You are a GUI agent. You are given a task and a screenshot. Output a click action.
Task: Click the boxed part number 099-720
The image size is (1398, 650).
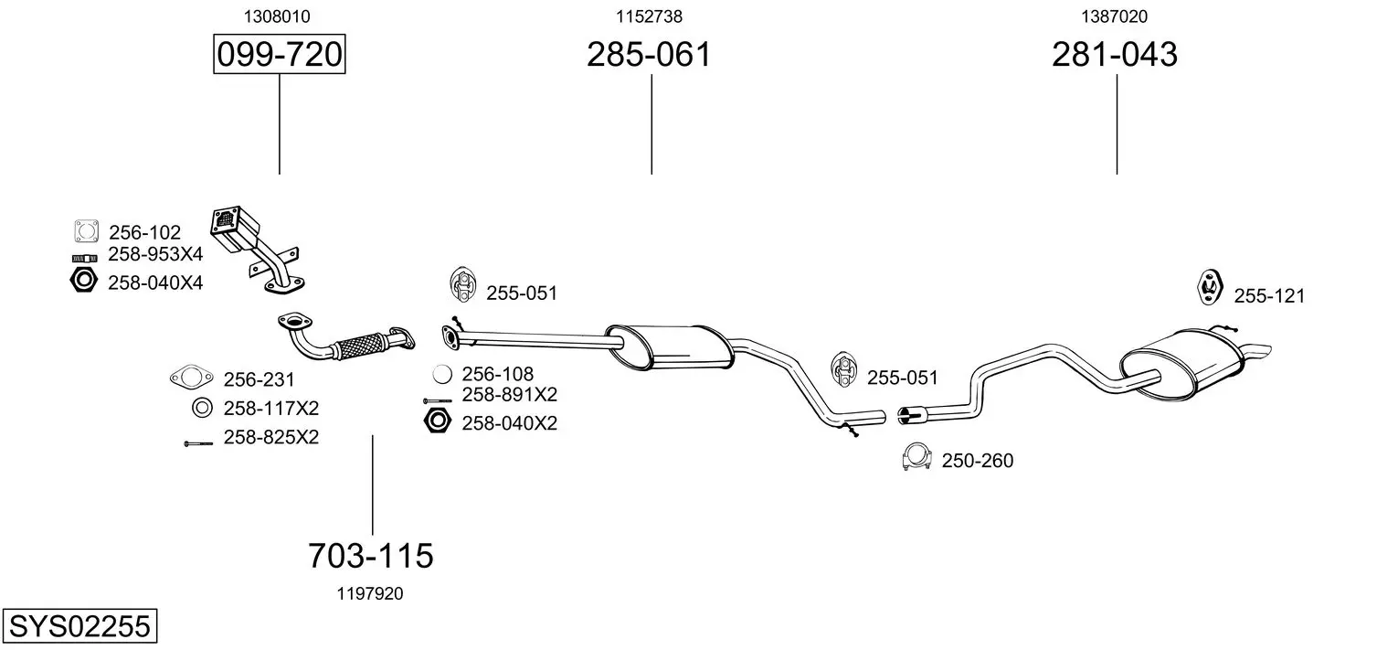(x=279, y=54)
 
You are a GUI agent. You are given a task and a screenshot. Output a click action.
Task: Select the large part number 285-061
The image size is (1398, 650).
(x=649, y=54)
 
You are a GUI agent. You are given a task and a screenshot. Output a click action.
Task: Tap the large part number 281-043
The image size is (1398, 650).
(x=1115, y=54)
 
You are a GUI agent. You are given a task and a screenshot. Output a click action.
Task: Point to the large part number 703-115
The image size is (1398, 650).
(x=371, y=555)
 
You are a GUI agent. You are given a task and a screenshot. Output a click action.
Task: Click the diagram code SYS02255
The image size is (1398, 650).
(x=79, y=625)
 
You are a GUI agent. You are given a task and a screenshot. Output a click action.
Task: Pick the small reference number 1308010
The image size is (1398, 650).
(x=277, y=16)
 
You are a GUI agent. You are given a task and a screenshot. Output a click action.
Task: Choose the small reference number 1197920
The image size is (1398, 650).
(x=370, y=594)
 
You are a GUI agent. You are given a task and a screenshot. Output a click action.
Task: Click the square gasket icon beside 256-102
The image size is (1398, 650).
(x=86, y=231)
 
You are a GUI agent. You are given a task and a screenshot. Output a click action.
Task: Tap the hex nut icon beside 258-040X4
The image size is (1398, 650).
(x=84, y=281)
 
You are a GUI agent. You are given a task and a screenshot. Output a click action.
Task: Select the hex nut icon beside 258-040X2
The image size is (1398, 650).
(x=437, y=421)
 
